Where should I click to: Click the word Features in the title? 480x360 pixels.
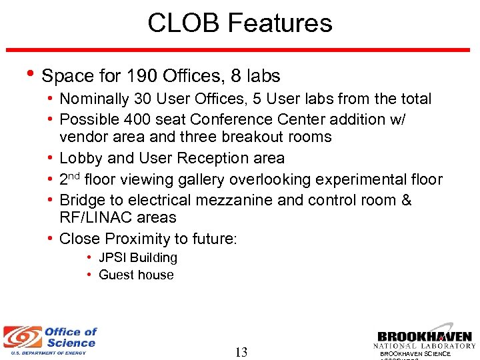(280, 23)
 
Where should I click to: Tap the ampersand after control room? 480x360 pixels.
(405, 200)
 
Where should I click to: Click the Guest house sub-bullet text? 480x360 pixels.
(136, 275)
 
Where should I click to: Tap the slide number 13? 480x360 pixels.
(241, 352)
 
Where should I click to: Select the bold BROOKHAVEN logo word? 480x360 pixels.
(425, 337)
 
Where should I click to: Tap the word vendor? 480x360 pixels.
(81, 137)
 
